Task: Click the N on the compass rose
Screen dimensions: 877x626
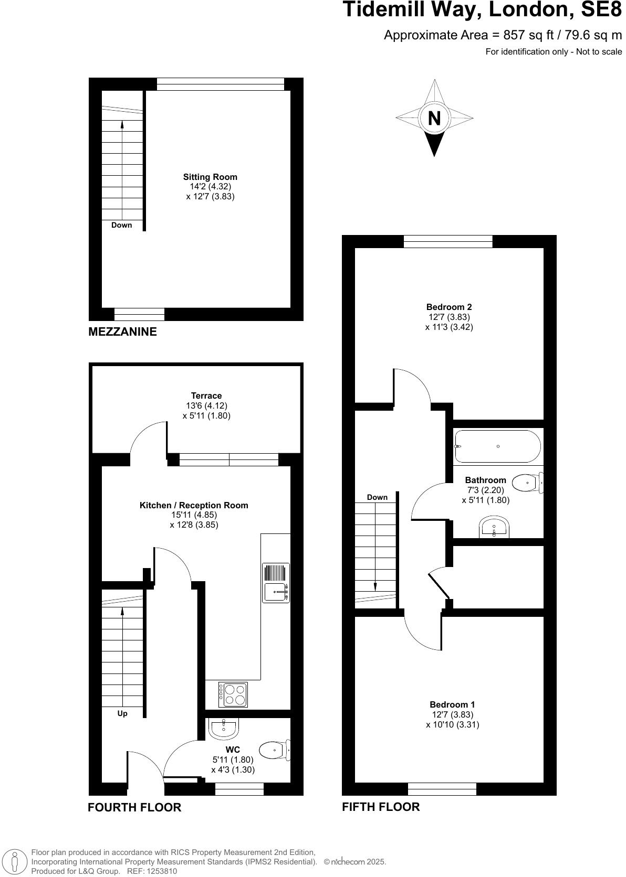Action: tap(434, 119)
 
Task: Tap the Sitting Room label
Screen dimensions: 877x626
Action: tap(210, 177)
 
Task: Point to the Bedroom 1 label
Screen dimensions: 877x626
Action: tap(452, 704)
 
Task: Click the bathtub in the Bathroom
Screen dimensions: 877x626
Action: tap(497, 446)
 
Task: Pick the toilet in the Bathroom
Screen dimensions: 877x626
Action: tap(527, 483)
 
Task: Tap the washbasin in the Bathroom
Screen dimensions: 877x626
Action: tap(494, 527)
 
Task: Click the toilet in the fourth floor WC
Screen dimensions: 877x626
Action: tap(275, 750)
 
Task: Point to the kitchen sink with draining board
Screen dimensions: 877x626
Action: tap(276, 583)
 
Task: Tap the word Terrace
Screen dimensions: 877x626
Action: tap(206, 396)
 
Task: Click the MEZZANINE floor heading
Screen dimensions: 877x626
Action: tap(122, 331)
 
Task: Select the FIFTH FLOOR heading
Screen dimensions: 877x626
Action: tap(381, 807)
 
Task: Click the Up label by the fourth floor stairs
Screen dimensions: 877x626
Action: tap(122, 713)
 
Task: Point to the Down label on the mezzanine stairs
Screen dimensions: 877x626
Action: tap(121, 225)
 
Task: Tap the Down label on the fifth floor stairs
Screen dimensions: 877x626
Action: tap(377, 497)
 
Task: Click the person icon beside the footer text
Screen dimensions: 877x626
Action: tap(15, 862)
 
